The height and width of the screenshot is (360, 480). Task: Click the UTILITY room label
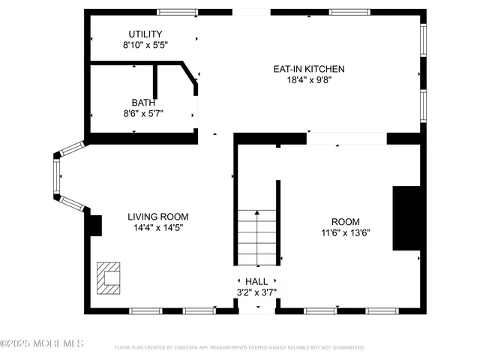pyautogui.click(x=145, y=34)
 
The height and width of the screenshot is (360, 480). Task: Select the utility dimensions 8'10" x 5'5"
pyautogui.click(x=145, y=45)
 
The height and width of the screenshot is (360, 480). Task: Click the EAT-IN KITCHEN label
pyautogui.click(x=308, y=69)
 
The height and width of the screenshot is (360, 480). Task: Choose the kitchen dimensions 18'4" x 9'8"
pyautogui.click(x=308, y=80)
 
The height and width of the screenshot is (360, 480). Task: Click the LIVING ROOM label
pyautogui.click(x=157, y=216)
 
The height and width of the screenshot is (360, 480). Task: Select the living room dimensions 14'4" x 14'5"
pyautogui.click(x=157, y=227)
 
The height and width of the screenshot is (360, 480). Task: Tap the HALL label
pyautogui.click(x=256, y=281)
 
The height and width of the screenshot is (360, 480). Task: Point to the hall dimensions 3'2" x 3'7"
pyautogui.click(x=256, y=292)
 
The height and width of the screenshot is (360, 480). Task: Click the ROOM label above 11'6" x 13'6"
pyautogui.click(x=345, y=221)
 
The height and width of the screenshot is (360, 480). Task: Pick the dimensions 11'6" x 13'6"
pyautogui.click(x=345, y=232)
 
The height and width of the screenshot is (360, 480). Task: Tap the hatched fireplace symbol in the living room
pyautogui.click(x=109, y=276)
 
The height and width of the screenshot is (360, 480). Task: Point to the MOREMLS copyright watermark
pyautogui.click(x=42, y=343)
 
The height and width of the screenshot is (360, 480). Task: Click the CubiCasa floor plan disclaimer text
pyautogui.click(x=239, y=347)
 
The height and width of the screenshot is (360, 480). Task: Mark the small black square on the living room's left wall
pyautogui.click(x=95, y=225)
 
